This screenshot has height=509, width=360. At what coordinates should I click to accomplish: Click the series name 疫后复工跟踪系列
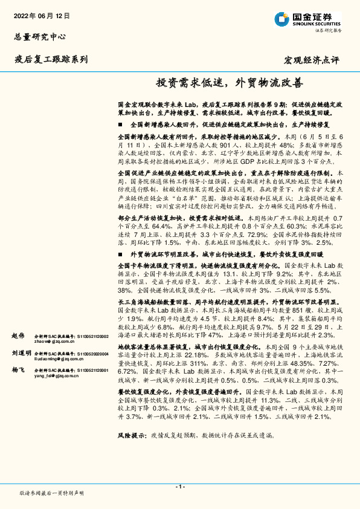click(x=51, y=59)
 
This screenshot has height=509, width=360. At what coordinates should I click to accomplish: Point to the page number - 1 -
click(x=179, y=487)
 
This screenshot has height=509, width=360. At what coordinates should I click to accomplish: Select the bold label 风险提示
click(x=132, y=452)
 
